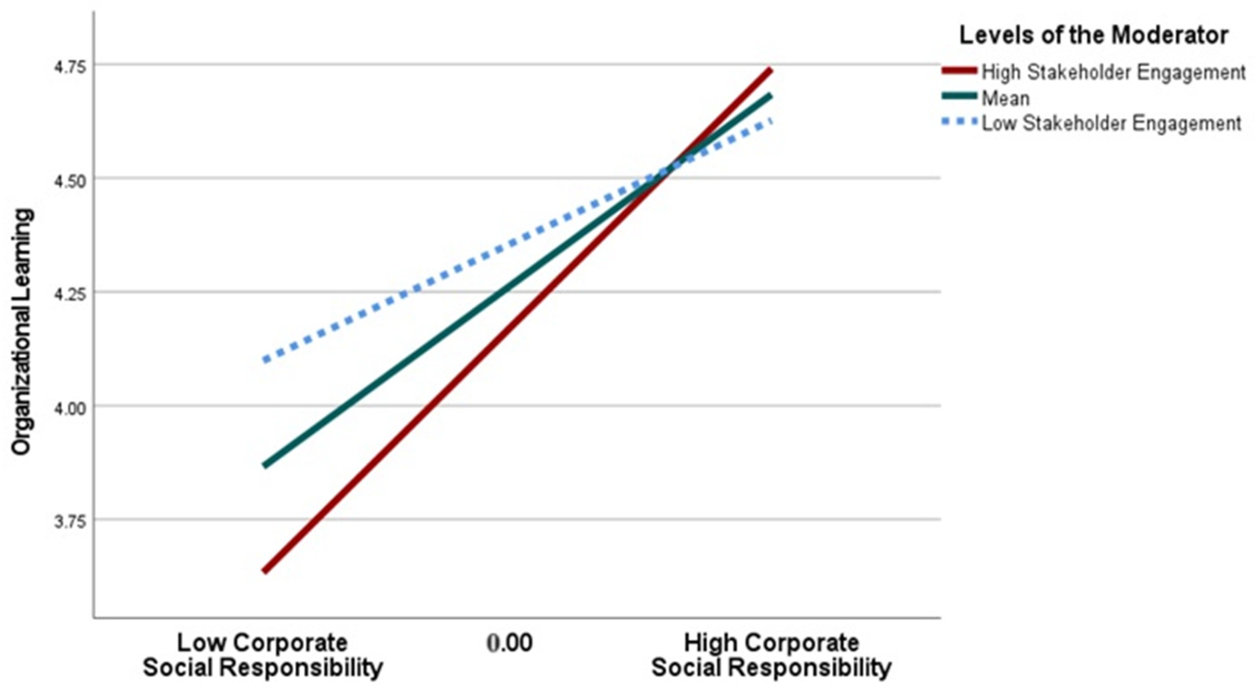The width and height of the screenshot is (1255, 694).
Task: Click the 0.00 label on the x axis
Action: pos(509,643)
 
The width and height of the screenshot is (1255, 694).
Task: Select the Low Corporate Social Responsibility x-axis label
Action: pos(263,655)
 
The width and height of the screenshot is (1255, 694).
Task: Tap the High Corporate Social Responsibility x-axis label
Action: pos(771,655)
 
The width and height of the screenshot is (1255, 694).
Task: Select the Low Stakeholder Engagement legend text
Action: pos(1111,124)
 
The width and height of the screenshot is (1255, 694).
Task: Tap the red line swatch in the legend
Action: pos(959,71)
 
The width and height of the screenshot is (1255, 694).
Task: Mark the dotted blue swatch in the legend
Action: pos(959,122)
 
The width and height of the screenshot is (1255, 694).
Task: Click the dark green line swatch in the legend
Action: pos(959,96)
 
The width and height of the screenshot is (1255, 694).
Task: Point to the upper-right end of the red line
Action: pos(771,70)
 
